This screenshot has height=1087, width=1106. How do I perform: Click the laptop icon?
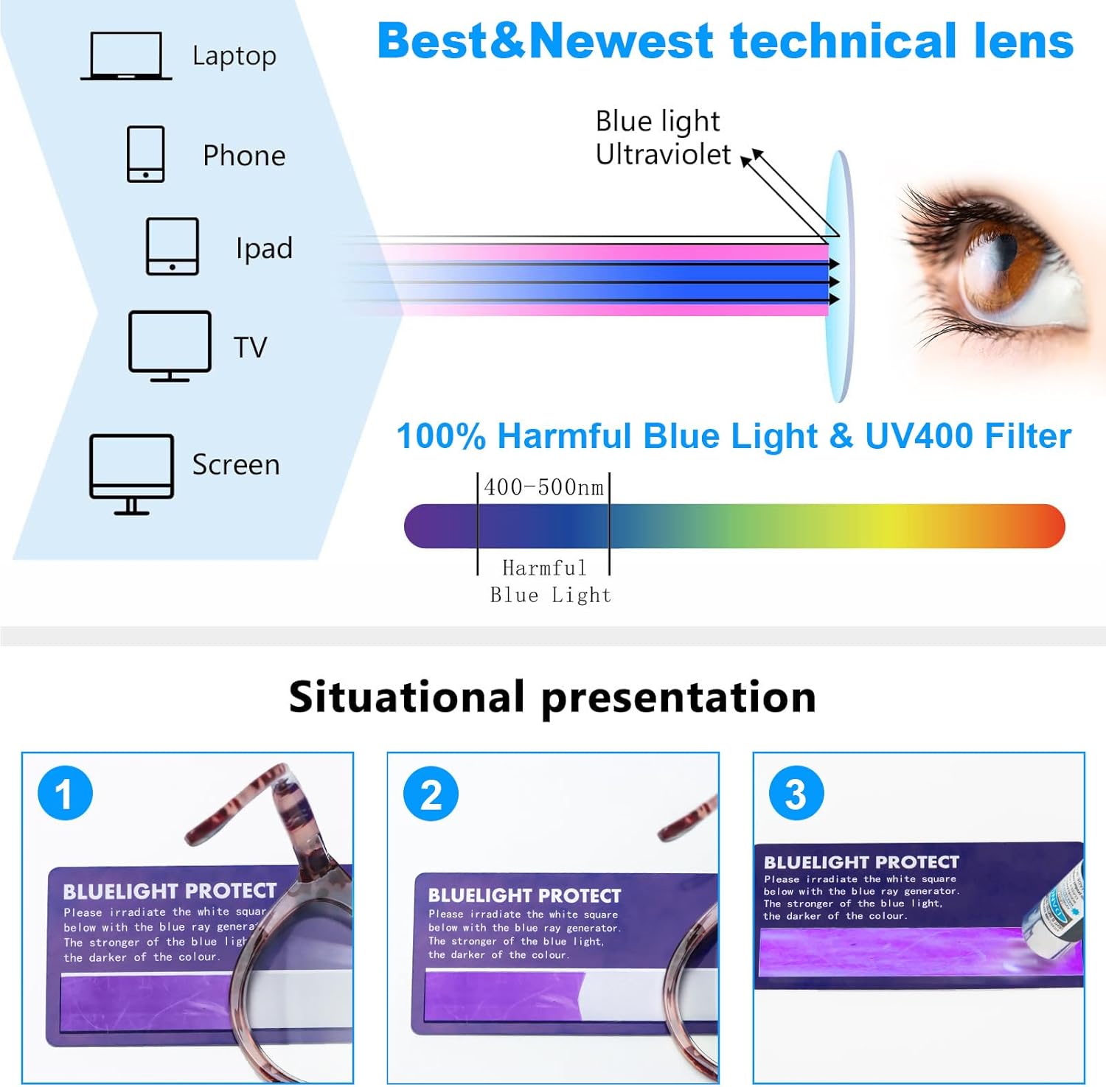pyautogui.click(x=126, y=56)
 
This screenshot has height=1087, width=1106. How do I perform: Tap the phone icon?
pyautogui.click(x=145, y=154)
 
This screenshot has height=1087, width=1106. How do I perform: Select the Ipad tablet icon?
pyautogui.click(x=172, y=246)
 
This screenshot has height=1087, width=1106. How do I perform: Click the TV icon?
pyautogui.click(x=170, y=346)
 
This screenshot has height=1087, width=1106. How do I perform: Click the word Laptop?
pyautogui.click(x=234, y=56)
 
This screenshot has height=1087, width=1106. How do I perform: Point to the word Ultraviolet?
pyautogui.click(x=662, y=155)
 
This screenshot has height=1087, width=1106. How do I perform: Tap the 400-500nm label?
pyautogui.click(x=543, y=487)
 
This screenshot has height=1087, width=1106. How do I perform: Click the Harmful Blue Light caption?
pyautogui.click(x=549, y=581)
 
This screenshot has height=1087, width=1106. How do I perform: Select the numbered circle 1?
pyautogui.click(x=65, y=794)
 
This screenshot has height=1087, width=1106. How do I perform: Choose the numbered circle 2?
pyautogui.click(x=431, y=794)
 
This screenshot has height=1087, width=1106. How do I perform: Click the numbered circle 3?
pyautogui.click(x=796, y=794)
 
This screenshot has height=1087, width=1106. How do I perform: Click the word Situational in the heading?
pyautogui.click(x=406, y=697)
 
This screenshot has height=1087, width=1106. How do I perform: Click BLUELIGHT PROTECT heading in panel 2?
pyautogui.click(x=524, y=895)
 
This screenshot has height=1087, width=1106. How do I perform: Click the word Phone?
pyautogui.click(x=244, y=156)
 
